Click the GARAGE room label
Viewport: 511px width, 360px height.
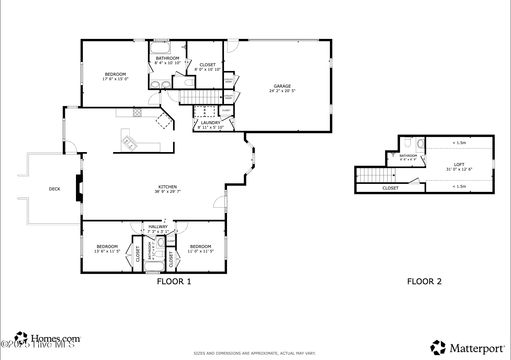(x=282, y=86)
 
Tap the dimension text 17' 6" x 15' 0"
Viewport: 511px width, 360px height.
(x=115, y=79)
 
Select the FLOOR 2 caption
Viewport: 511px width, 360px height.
(x=424, y=281)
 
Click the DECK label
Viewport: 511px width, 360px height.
(x=55, y=189)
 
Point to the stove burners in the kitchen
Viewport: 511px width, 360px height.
(x=137, y=113)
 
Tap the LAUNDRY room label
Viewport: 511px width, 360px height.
(x=211, y=123)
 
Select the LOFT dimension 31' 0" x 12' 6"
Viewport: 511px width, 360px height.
(x=459, y=169)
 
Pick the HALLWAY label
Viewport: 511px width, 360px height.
(x=158, y=227)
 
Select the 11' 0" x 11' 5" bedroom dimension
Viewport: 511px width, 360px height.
(x=201, y=251)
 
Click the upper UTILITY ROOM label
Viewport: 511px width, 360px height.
(x=228, y=80)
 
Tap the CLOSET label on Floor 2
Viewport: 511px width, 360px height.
(x=390, y=188)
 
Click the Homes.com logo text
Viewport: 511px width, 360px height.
(x=55, y=338)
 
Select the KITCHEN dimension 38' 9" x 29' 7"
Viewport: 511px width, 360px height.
(x=167, y=192)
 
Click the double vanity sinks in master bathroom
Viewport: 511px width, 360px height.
(x=161, y=85)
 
